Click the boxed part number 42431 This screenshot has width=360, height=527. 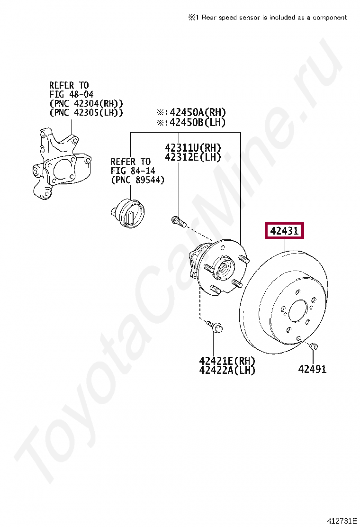point(284,231)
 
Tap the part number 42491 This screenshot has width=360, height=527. point(312,369)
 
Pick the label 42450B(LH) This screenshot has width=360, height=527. point(197,122)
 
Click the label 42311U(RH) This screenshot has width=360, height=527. point(193,147)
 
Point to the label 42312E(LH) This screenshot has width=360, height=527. point(193,157)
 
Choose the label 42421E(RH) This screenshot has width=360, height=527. point(227,361)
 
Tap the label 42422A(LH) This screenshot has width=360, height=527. point(227,370)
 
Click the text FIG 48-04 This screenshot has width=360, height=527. point(71,94)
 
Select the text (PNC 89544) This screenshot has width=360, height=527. point(138,180)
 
